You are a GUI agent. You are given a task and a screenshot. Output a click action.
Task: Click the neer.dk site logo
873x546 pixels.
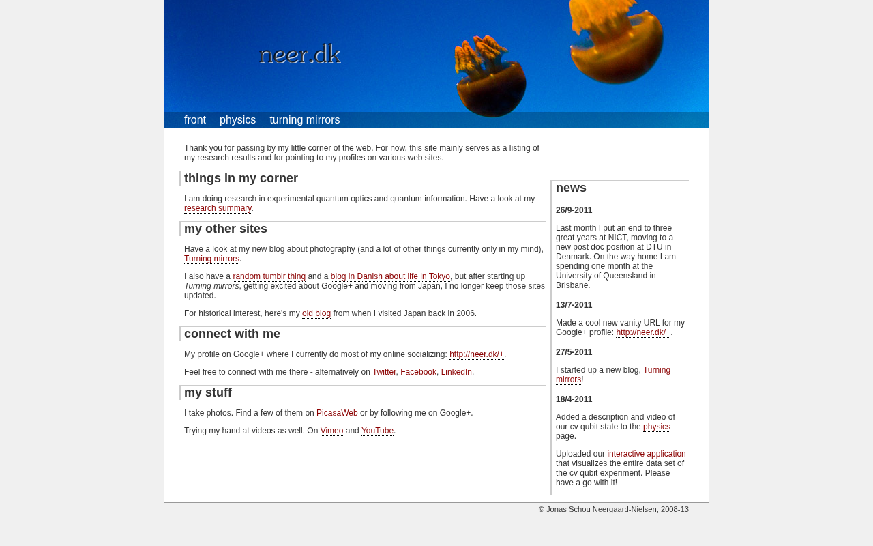[x=300, y=54]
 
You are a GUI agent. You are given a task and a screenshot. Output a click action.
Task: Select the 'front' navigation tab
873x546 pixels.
[x=195, y=120]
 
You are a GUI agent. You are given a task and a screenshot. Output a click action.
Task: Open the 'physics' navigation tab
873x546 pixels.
[x=237, y=120]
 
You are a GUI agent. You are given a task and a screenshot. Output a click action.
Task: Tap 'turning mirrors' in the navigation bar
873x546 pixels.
[x=304, y=120]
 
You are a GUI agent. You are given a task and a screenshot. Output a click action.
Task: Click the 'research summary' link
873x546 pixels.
[x=218, y=208]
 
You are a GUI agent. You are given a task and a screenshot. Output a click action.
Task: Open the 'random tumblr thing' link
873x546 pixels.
[x=269, y=276]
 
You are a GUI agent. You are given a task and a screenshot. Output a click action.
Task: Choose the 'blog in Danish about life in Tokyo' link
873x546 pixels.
[x=390, y=276]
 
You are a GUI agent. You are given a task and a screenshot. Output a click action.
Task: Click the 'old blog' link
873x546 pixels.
[x=316, y=313]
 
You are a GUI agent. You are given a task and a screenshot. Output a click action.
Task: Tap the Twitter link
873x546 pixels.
[x=384, y=372]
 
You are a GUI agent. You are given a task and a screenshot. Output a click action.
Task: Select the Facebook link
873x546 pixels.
[x=418, y=372]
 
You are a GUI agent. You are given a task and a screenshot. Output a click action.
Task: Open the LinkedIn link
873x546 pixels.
[x=456, y=372]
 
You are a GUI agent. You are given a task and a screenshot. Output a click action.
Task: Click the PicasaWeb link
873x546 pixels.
[x=337, y=413]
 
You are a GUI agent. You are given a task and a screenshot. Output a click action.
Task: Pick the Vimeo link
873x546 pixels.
[x=331, y=431]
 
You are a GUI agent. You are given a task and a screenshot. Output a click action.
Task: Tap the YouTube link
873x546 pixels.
[x=377, y=431]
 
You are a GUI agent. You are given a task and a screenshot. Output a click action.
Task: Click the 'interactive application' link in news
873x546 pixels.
[x=647, y=454]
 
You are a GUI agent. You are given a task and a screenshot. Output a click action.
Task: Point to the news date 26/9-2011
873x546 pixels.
[x=574, y=210]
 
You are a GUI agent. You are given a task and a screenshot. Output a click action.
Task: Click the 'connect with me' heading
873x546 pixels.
[x=232, y=334]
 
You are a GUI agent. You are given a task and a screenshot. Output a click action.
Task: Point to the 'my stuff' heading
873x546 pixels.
[x=208, y=392]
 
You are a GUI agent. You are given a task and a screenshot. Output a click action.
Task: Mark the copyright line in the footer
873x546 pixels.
[x=613, y=509]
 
